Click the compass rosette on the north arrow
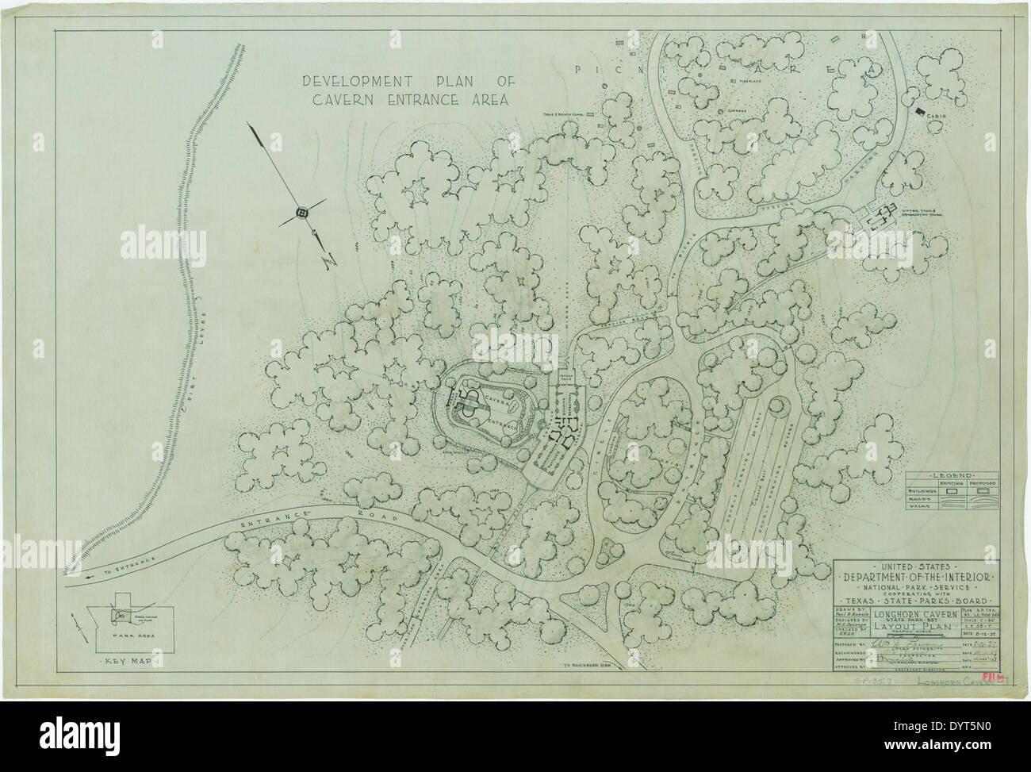pyautogui.click(x=301, y=213)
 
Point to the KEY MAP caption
pyautogui.click(x=122, y=659)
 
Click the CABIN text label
pyautogui.click(x=939, y=120)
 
